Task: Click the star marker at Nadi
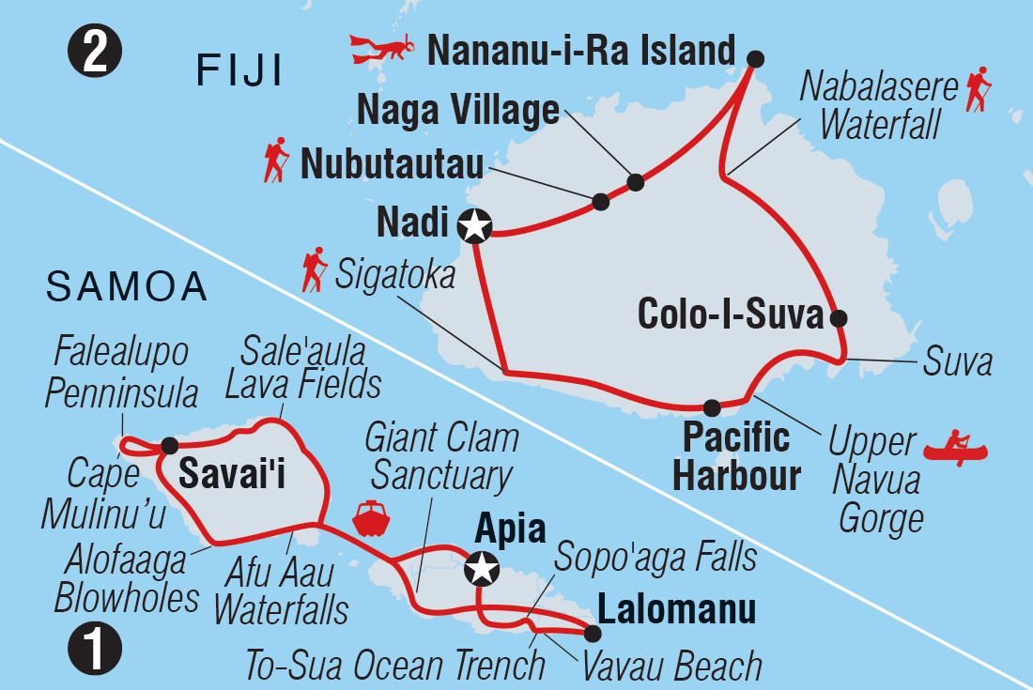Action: click(x=475, y=225)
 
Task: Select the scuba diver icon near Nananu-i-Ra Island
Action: click(x=380, y=48)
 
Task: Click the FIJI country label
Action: click(x=239, y=72)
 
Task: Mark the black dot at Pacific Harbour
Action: click(x=711, y=407)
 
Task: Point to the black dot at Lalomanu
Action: click(x=594, y=630)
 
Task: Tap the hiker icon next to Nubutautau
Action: click(x=275, y=161)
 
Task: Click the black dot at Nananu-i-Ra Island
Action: click(x=755, y=59)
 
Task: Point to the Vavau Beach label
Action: click(x=671, y=666)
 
